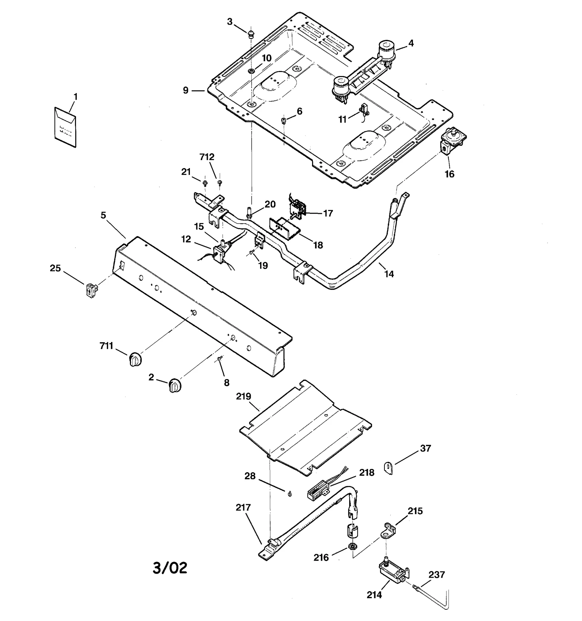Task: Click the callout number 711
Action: pyautogui.click(x=106, y=346)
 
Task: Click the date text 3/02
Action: pyautogui.click(x=170, y=567)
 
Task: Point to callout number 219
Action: pyautogui.click(x=243, y=396)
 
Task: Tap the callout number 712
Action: pyautogui.click(x=207, y=157)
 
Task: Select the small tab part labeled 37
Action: pyautogui.click(x=388, y=467)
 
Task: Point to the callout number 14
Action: pyautogui.click(x=389, y=274)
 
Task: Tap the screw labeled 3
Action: pyautogui.click(x=250, y=35)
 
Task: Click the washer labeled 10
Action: pyautogui.click(x=251, y=70)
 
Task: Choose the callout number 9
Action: pyautogui.click(x=186, y=90)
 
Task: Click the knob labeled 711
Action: pyautogui.click(x=135, y=359)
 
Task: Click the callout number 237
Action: pyautogui.click(x=436, y=575)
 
